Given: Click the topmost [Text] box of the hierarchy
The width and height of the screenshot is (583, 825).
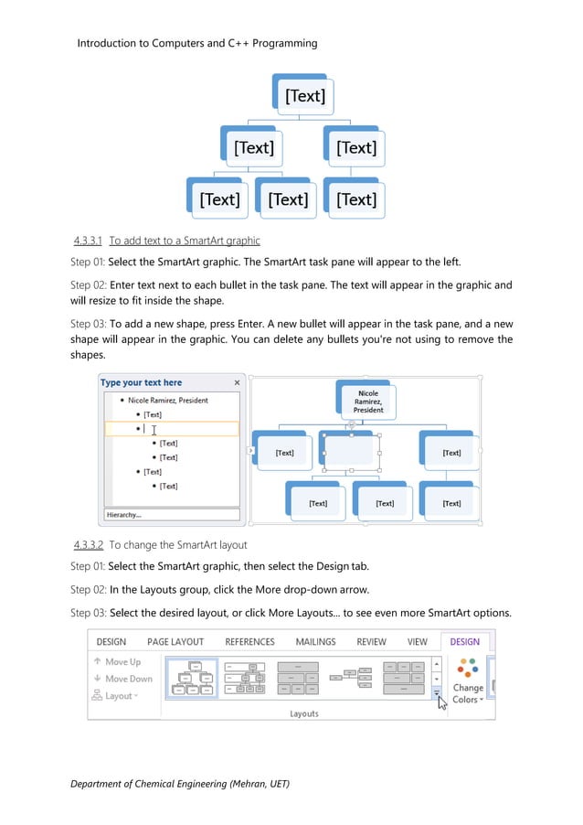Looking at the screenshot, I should click(304, 96).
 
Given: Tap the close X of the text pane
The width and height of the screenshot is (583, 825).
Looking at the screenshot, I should click(238, 383).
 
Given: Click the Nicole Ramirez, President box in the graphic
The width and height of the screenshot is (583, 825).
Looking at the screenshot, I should click(367, 402).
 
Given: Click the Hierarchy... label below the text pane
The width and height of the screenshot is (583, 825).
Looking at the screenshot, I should click(124, 515).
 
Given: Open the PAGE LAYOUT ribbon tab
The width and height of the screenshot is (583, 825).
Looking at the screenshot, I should click(175, 642).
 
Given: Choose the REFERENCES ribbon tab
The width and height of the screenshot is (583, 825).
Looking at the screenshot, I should click(249, 642).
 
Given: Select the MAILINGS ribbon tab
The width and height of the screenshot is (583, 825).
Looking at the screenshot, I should click(315, 642).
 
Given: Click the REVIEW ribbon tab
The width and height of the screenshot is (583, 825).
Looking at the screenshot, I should click(371, 642).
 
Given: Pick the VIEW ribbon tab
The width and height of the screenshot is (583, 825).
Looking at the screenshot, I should click(417, 642).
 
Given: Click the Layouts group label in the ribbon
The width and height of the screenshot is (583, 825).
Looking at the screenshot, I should click(303, 713).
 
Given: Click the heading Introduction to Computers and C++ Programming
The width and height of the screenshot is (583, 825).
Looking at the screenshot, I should click(197, 43).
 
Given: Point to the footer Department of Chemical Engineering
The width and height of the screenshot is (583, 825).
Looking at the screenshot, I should click(180, 785).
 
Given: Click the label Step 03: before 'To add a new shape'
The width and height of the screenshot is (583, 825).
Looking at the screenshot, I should click(89, 324).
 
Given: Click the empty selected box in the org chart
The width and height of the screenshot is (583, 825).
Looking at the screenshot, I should click(351, 451).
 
